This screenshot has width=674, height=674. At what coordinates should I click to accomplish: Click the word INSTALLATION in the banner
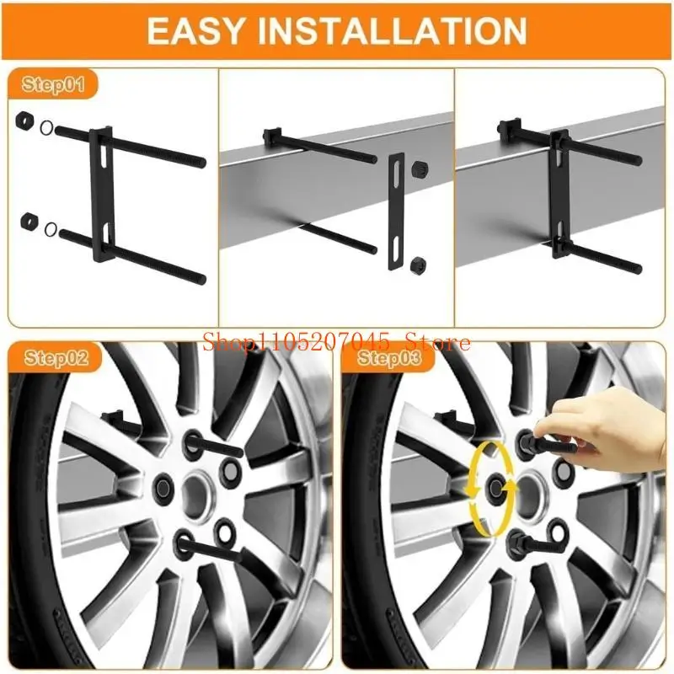pos(392,30)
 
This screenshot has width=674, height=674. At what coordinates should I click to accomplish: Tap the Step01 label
pos(53,84)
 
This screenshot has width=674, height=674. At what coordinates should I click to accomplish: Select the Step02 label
pos(56,357)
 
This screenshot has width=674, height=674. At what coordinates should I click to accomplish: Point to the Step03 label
pos(389,357)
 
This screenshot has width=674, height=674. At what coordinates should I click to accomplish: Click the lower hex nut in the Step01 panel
pos(29,221)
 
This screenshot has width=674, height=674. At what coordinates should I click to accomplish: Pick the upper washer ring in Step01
pos(46,128)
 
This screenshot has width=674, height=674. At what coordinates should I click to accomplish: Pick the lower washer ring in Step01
pos(51,229)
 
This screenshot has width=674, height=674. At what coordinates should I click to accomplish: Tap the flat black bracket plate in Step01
pos(102,195)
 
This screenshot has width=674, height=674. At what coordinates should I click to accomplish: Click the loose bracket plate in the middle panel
pos(396,212)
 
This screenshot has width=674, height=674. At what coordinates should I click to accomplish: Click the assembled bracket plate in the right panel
pos(559,195)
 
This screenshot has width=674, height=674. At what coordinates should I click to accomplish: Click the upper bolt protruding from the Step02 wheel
pos(214,447)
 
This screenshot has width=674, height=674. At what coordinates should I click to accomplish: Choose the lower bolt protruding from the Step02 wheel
pos(210,548)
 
